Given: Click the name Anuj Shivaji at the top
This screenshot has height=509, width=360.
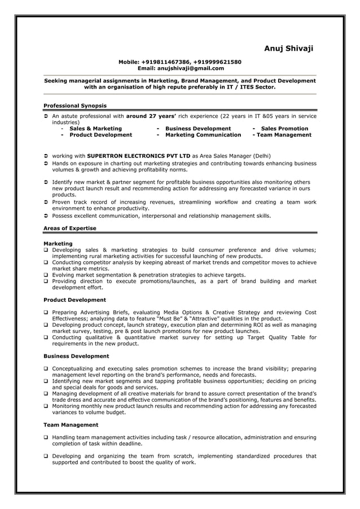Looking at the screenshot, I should [288, 49].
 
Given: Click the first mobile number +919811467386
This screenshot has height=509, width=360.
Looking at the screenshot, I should [166, 62].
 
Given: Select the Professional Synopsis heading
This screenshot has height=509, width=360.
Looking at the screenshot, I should [74, 106].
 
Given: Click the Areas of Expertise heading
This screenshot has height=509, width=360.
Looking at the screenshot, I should [69, 228].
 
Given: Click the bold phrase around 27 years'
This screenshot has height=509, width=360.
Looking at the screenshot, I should [151, 116].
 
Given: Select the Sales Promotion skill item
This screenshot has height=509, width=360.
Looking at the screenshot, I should [284, 129].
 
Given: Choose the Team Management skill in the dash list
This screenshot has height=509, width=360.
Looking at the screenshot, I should [285, 135].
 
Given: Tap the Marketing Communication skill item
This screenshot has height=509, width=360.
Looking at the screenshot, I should [203, 135].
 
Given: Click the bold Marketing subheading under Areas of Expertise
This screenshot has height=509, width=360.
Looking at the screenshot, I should [58, 244].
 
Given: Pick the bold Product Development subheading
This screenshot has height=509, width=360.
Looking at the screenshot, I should [74, 300].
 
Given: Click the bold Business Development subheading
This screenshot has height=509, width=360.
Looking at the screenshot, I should [76, 356].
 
